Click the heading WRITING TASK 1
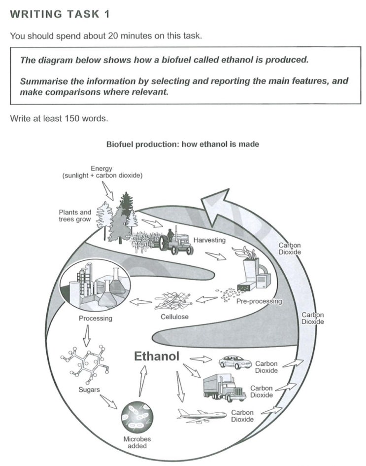(59, 14)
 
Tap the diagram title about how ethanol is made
(183, 144)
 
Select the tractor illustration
(176, 242)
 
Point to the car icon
(234, 362)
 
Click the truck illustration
(224, 388)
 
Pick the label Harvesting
(209, 240)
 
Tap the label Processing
(96, 318)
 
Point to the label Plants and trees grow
(75, 215)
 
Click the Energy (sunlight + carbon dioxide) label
(102, 172)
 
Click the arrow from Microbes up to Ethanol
(142, 383)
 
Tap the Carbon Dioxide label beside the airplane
(242, 416)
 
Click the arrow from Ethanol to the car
(200, 359)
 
